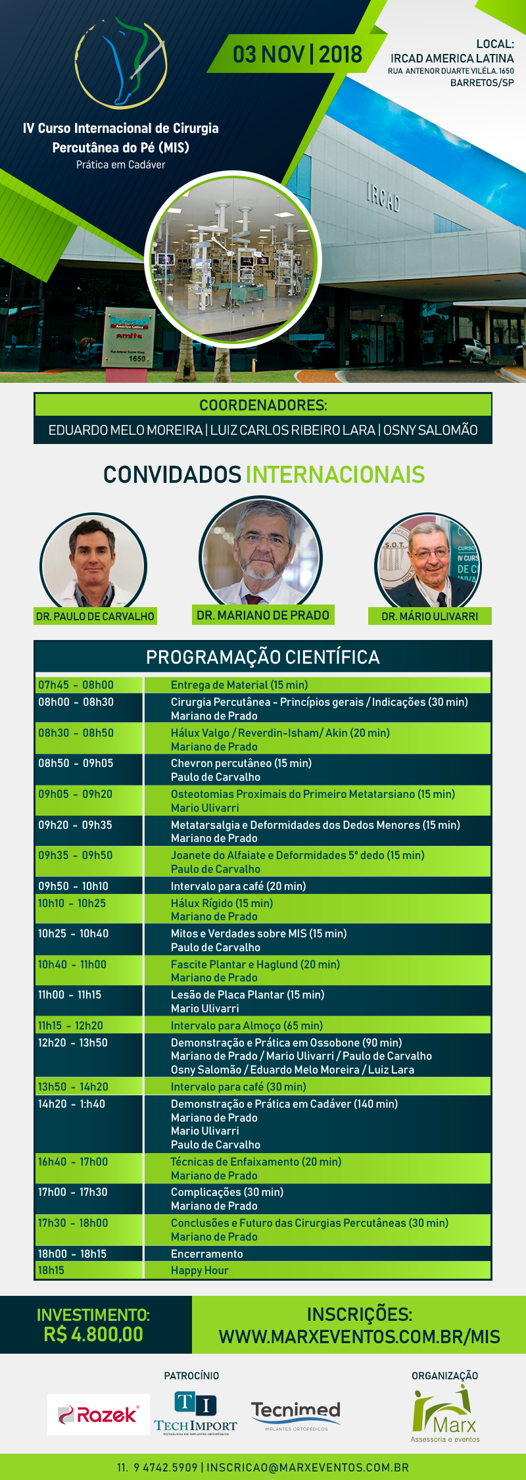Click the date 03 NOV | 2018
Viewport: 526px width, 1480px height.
[x=297, y=55]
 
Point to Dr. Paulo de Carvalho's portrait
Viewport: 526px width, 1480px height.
[x=93, y=563]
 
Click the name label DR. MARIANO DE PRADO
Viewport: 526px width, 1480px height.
[x=263, y=615]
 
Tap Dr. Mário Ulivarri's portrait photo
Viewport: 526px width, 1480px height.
[x=428, y=563]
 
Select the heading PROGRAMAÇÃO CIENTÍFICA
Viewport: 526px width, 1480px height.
[x=263, y=657]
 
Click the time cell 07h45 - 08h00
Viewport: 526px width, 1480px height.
[x=76, y=685]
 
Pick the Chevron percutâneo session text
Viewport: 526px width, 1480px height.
[x=241, y=764]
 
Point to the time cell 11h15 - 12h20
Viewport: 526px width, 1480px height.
[x=70, y=1025]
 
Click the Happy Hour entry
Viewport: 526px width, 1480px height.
[x=200, y=1270]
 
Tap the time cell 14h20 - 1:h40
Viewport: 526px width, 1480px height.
[x=72, y=1104]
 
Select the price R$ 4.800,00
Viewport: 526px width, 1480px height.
[x=93, y=1335]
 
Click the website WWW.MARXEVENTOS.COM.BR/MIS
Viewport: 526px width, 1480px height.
[x=359, y=1337]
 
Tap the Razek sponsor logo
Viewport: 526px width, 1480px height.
[x=99, y=1414]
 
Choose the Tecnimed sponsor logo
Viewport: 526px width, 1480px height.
[x=296, y=1413]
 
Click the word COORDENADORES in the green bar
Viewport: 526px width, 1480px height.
[x=263, y=405]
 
